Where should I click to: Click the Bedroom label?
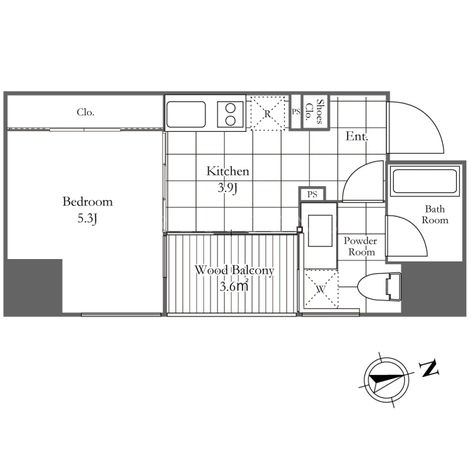pos(87,201)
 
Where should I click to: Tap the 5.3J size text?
pos(87,218)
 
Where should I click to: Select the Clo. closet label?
pos(85,112)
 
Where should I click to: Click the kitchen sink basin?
pos(186,114)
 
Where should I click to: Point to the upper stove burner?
pos(230,108)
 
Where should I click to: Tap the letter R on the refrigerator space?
pos(267,114)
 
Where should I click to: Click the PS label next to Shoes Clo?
pos(296,112)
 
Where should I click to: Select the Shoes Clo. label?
pos(315,112)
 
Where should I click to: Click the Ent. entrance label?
pos(357,137)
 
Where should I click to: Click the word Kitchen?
pos(228,171)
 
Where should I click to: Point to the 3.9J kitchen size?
pos(228,188)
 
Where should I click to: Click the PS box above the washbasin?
pos(313,194)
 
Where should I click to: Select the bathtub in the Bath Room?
pos(424,181)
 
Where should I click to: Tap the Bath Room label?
pos(435,214)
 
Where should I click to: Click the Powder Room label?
pos(360,246)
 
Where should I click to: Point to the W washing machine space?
pos(321,289)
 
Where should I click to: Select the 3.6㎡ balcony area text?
pos(234,286)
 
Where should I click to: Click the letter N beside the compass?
pos(429,369)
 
